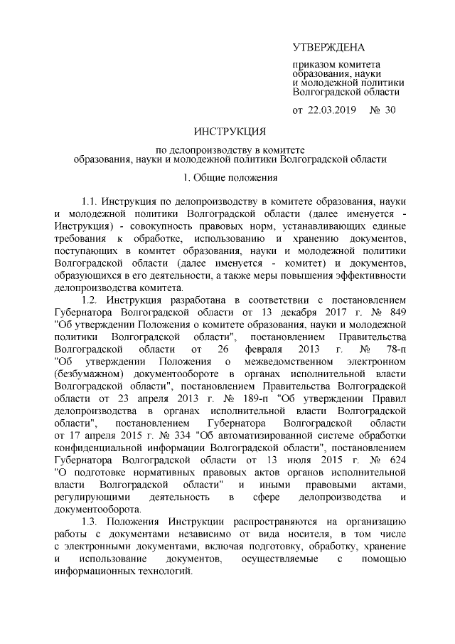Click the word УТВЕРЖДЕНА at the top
pos(328,48)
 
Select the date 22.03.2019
pos(332,110)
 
